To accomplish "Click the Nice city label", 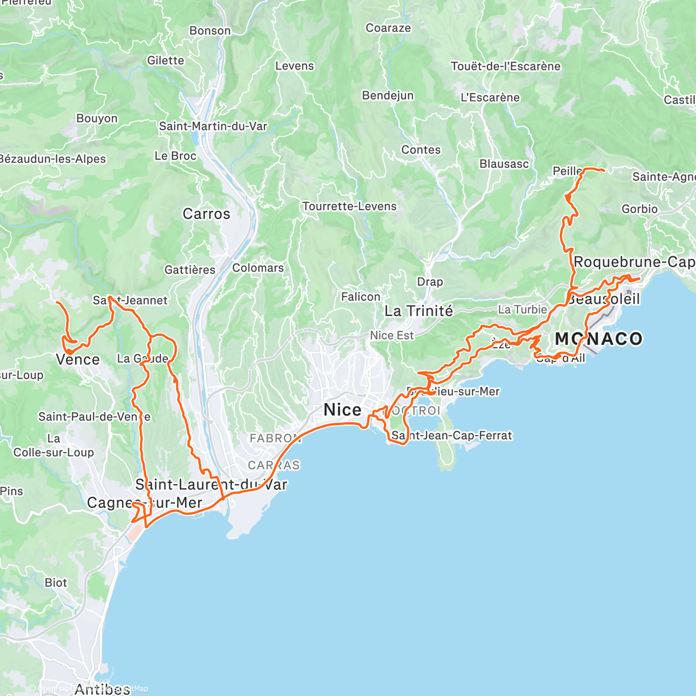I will (x=342, y=410).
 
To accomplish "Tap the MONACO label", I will (x=599, y=339).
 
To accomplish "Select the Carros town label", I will (x=206, y=214).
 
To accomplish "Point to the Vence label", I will (x=78, y=360).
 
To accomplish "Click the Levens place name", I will (x=295, y=66).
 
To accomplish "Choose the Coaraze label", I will (x=388, y=28).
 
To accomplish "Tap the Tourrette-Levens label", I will (x=349, y=206).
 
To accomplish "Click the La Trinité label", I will (x=419, y=311).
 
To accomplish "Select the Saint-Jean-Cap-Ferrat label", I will (x=452, y=436).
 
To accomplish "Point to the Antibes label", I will (x=102, y=689).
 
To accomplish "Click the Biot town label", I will (x=56, y=582).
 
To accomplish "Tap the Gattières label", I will (x=190, y=270).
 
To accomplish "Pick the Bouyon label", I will (x=97, y=118).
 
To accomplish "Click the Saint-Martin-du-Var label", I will (x=213, y=126).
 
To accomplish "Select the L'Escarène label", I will (x=490, y=97).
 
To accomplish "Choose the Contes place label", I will (x=421, y=150).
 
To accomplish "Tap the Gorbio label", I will (x=640, y=209).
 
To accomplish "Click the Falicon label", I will (x=360, y=297).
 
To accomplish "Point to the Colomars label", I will (x=258, y=268).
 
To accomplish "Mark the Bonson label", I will (x=210, y=31).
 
